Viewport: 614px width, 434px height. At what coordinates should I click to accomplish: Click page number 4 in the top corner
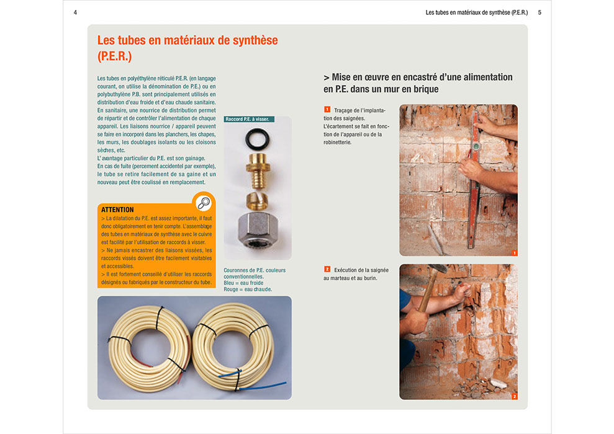(x=75, y=12)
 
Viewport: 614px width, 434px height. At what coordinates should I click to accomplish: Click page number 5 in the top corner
(x=540, y=12)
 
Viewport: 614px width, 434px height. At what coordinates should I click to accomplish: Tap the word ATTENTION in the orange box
(x=117, y=210)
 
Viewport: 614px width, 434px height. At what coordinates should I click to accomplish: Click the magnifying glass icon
(x=203, y=203)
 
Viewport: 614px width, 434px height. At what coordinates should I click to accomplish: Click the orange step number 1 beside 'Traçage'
(x=327, y=110)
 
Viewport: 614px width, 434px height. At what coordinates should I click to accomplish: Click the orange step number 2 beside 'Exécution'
(x=327, y=269)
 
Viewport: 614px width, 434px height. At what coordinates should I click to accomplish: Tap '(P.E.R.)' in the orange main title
(x=115, y=56)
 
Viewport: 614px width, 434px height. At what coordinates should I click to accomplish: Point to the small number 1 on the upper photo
(x=514, y=253)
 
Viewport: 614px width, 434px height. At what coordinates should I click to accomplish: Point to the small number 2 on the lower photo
(x=514, y=396)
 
